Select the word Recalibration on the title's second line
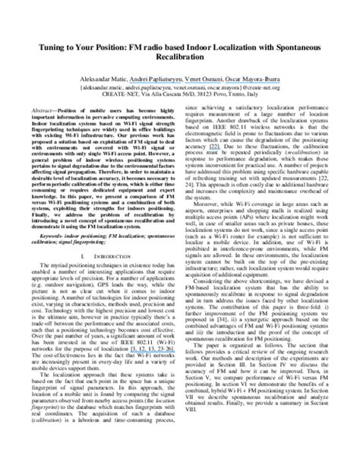coord(179,58)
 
